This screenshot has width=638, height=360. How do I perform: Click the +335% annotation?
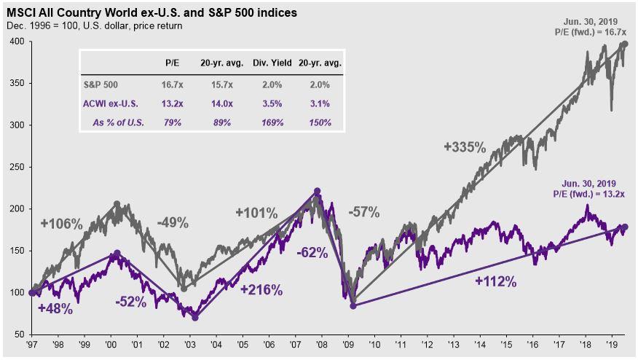pyautogui.click(x=465, y=147)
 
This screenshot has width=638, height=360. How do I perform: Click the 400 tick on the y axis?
pyautogui.click(x=17, y=42)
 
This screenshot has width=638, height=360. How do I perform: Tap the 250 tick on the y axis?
pyautogui.click(x=17, y=168)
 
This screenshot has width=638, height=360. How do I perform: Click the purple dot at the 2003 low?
pyautogui.click(x=195, y=317)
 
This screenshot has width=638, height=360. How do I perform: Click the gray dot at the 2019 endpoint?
pyautogui.click(x=624, y=44)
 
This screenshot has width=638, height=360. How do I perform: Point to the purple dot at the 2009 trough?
pyautogui.click(x=353, y=305)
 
